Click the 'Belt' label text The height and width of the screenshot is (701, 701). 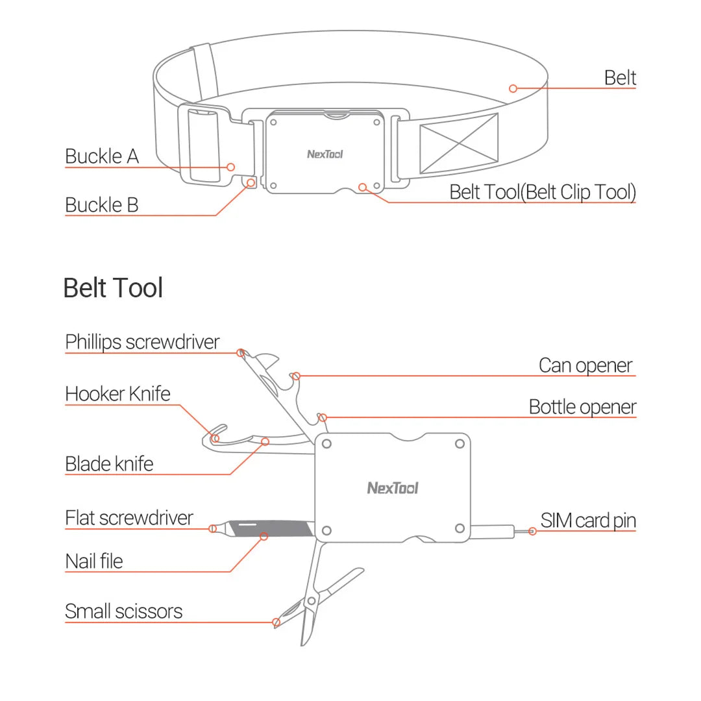pos(620,78)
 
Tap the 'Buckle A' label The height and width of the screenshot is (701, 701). pos(102,156)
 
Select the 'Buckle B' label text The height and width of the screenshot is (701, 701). pos(102,205)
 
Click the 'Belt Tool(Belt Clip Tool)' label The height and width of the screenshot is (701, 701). pos(543,192)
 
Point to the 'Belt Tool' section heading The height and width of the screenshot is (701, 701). pos(113,288)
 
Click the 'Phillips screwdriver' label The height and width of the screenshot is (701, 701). pos(142,342)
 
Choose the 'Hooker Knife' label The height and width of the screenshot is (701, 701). pos(117,394)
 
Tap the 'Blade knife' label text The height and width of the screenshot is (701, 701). pos(109,464)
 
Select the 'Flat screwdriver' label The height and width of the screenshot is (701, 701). pos(129,518)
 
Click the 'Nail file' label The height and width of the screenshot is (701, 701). pos(93,561)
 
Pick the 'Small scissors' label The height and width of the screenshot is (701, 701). pos(123,611)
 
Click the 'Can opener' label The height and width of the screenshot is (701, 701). pos(585,365)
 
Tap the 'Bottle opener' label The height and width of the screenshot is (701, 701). pos(582,407)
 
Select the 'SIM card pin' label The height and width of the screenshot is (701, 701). pos(588,521)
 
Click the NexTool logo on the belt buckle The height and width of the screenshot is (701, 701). pos(325,154)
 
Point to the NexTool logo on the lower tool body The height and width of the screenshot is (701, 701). pos(393,488)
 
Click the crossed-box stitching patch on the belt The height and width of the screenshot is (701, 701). pos(458,143)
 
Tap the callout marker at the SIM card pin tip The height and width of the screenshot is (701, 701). pos(532,531)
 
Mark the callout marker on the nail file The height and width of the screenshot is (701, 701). pos(264,536)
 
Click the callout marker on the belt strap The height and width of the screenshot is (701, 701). pos(513,88)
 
